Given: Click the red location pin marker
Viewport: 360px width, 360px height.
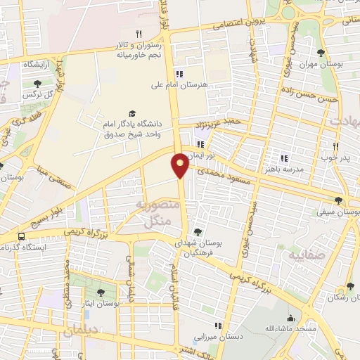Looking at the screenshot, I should pos(181,165).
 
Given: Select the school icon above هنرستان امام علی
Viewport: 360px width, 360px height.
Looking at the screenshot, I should pos(179,74).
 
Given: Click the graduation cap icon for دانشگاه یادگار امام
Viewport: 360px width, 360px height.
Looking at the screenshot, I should pos(131,114).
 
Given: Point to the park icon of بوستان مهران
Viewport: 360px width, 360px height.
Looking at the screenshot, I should pos(321,52).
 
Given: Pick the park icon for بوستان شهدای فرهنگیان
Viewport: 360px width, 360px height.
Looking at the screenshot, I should pos(197,232).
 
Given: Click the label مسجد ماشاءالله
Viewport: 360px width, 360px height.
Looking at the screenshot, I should pos(285,328).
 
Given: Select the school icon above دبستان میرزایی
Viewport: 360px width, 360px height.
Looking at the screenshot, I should pos(218,326).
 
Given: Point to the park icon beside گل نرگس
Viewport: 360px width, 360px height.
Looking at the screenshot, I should pos(27,84).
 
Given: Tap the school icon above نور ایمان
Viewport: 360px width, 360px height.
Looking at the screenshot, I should pos(200,144).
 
